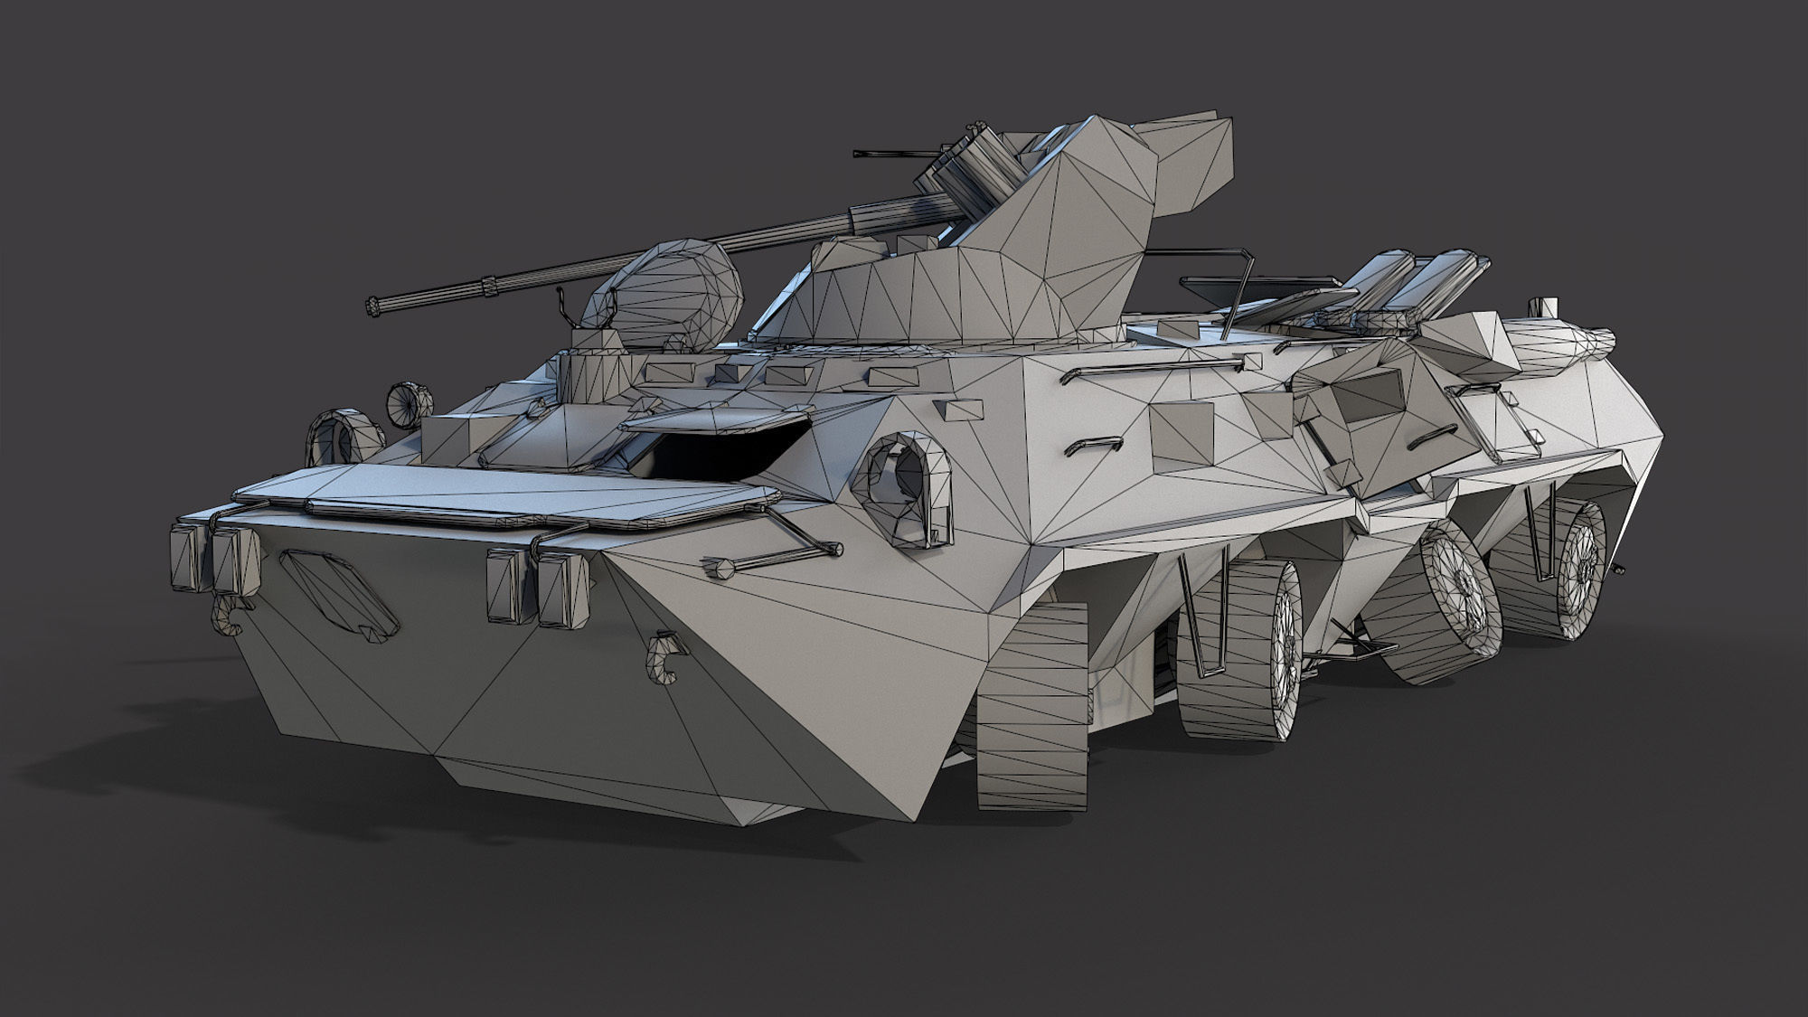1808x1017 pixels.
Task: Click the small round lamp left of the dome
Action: click(x=411, y=397)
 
